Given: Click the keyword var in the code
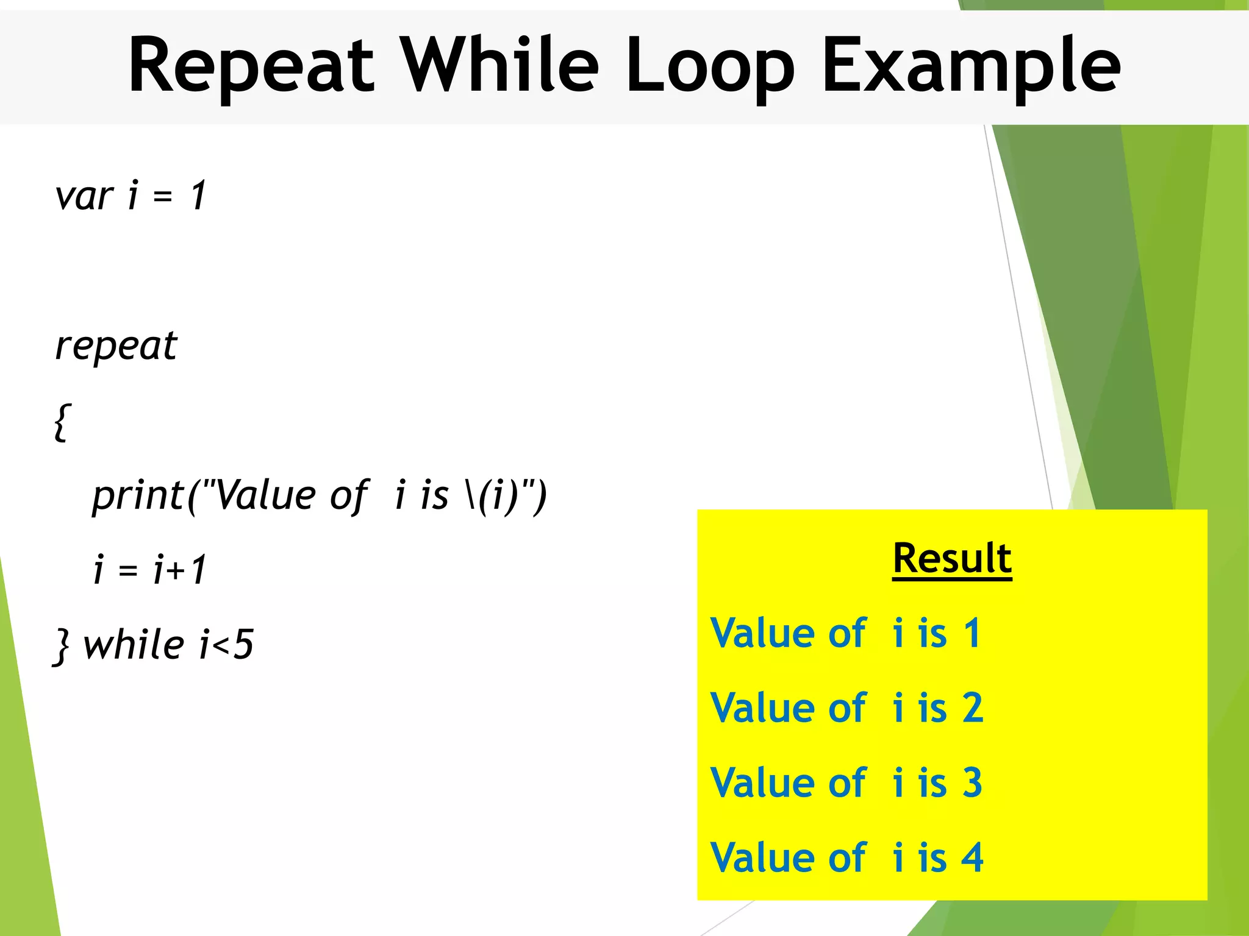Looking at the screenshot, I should click(x=84, y=197).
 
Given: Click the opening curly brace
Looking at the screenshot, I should click(x=62, y=422).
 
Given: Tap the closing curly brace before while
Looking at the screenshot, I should click(x=62, y=646).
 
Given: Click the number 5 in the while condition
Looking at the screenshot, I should click(x=243, y=645).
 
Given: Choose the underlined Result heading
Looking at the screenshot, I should click(x=952, y=558).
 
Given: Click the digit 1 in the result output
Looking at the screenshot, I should click(x=972, y=633).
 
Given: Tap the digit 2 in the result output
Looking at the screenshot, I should click(x=973, y=708).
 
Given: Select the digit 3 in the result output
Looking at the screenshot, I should click(x=973, y=783).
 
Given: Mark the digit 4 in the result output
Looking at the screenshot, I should click(x=973, y=858).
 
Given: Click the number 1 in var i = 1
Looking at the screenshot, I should click(x=198, y=197).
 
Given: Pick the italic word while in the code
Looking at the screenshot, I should click(x=134, y=645).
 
